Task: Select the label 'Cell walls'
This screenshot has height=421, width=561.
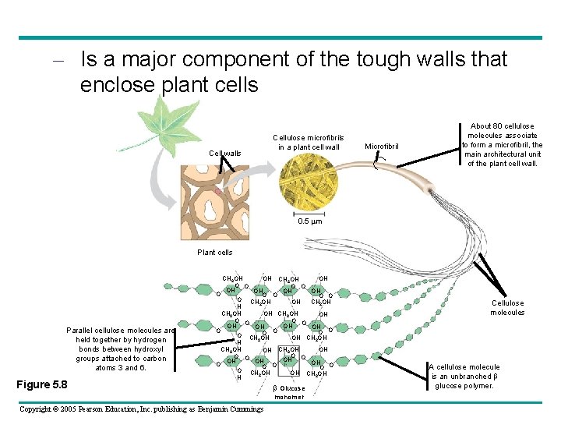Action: (225, 154)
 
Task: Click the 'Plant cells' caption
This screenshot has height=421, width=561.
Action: (215, 253)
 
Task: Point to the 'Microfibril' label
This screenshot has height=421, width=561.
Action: (382, 146)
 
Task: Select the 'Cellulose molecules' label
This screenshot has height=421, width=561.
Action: (507, 308)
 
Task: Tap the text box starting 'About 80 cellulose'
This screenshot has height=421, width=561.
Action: (503, 145)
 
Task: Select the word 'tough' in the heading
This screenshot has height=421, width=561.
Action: (386, 59)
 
